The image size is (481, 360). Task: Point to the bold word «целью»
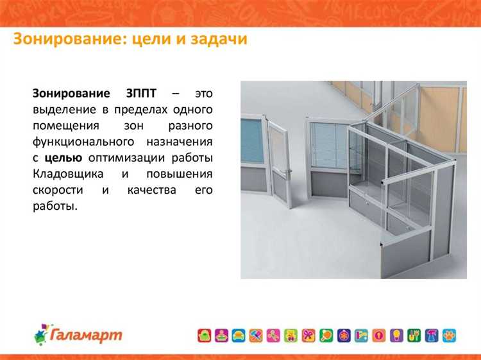tap(63, 158)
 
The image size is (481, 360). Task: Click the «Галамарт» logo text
tap(86, 334)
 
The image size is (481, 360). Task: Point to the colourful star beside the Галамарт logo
tap(42, 334)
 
